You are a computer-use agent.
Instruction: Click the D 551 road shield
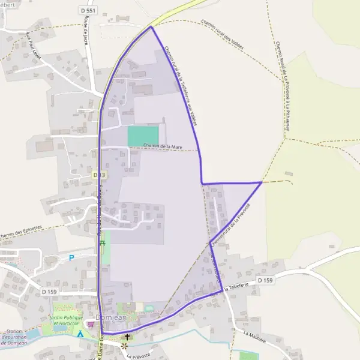tap(88, 11)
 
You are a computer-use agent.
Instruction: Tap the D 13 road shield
tap(100, 175)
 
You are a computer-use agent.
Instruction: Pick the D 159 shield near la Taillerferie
tap(265, 280)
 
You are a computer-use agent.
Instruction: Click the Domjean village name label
tap(109, 318)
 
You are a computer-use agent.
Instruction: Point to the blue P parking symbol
tap(72, 258)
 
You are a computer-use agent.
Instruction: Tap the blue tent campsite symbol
tap(80, 334)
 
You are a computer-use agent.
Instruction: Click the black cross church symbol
tap(127, 337)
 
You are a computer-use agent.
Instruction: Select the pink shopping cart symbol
tap(91, 325)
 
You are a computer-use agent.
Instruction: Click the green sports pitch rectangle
tap(143, 136)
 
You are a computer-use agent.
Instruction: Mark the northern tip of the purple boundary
tap(150, 26)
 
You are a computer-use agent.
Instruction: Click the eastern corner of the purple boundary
tap(262, 182)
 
